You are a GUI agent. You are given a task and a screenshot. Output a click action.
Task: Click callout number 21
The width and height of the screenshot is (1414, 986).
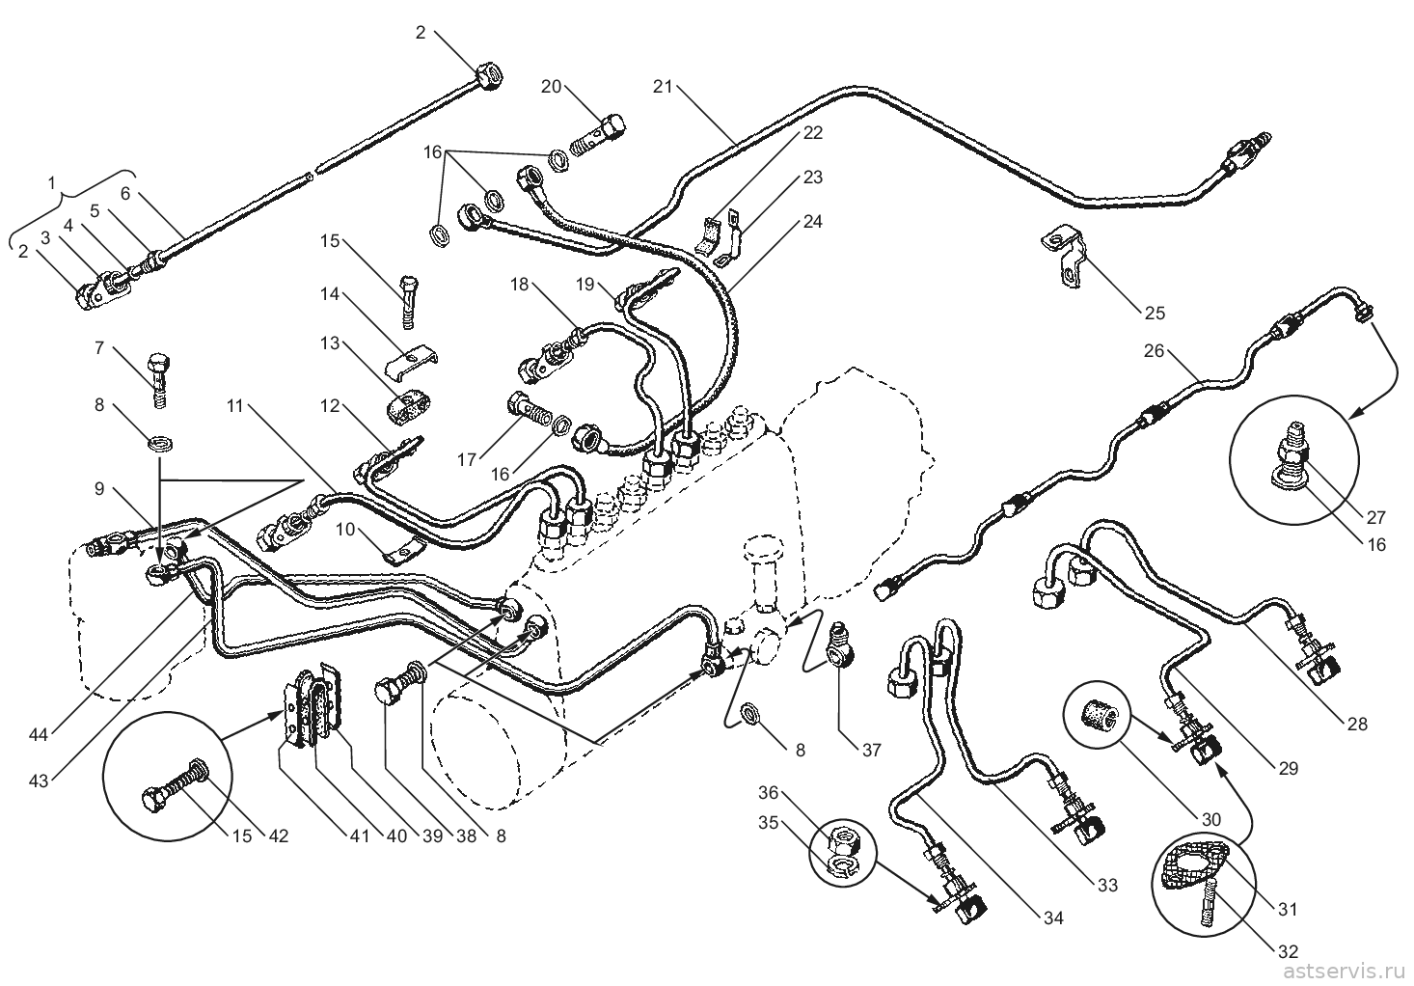click(x=663, y=87)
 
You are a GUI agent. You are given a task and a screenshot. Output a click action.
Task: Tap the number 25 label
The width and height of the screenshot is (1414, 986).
click(x=1155, y=313)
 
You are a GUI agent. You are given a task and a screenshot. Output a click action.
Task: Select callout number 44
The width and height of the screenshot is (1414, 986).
click(x=39, y=735)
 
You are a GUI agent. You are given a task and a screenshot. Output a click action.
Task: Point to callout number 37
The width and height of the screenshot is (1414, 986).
click(x=871, y=750)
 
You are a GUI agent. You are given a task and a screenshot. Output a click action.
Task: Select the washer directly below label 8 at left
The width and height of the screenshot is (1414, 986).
click(x=158, y=445)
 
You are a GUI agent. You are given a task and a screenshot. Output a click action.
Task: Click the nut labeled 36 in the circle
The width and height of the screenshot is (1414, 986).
click(x=843, y=839)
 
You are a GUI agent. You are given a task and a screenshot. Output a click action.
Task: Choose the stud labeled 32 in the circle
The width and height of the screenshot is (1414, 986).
click(x=1205, y=907)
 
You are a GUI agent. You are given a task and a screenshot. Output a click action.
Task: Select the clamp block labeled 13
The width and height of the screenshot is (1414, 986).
click(x=408, y=407)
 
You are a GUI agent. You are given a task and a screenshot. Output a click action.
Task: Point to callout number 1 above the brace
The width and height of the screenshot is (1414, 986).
click(x=52, y=183)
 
